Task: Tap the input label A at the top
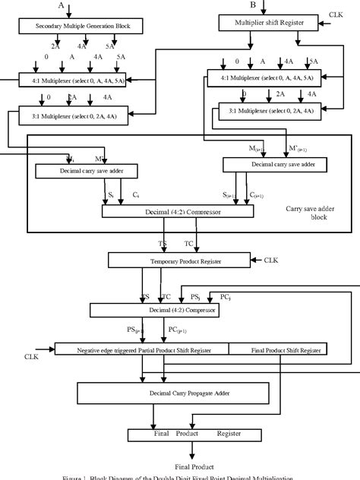tap(61, 5)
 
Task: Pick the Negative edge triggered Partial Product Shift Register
tap(142, 349)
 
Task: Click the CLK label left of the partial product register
tap(31, 355)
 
